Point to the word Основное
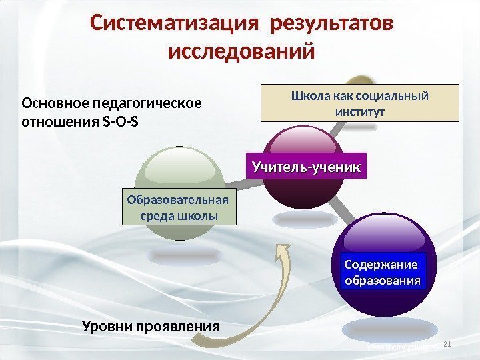55,104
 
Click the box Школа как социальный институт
359,102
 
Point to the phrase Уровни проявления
151,327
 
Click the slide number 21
447,343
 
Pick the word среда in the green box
155,216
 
